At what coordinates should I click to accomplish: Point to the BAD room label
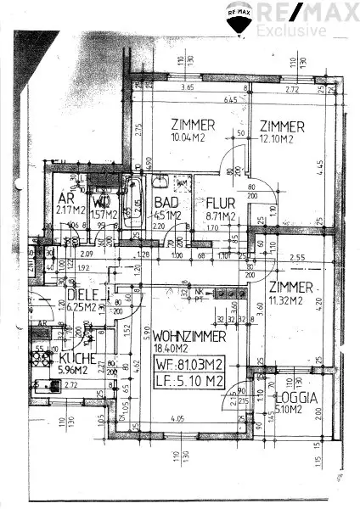pos(165,203)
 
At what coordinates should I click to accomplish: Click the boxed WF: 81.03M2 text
pos(190,366)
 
